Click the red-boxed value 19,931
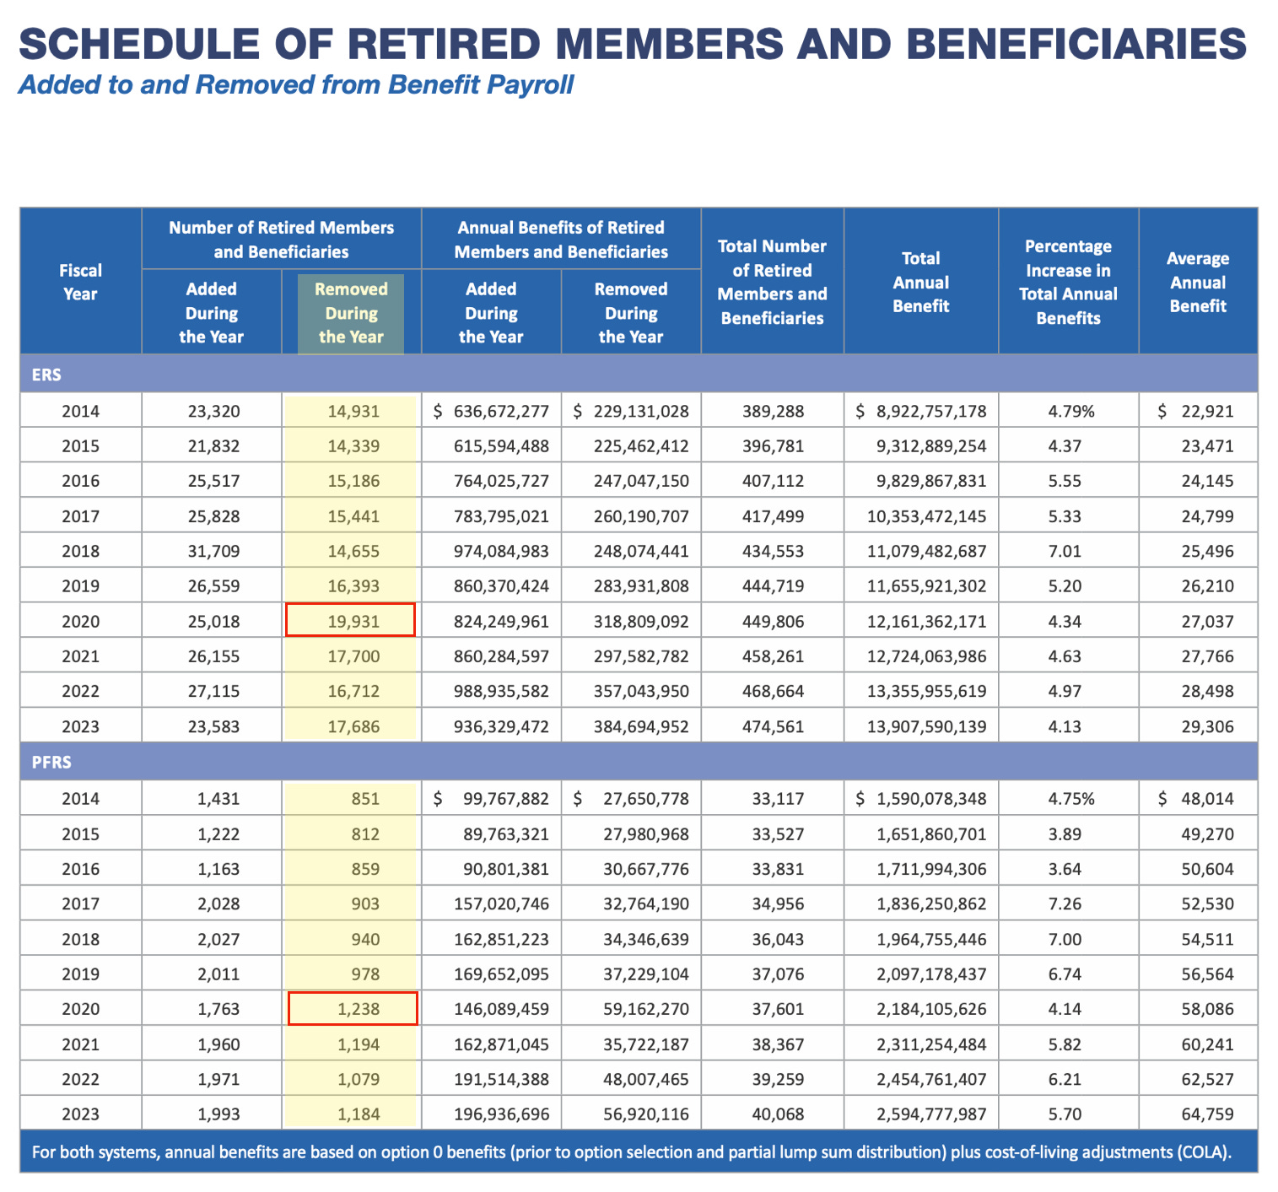(351, 621)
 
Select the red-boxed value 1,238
(353, 1009)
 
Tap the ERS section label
(46, 375)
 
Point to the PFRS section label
(51, 763)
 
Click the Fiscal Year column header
(80, 282)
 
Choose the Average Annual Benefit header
(1197, 282)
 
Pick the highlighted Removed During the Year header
(351, 313)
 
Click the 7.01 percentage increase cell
(1065, 552)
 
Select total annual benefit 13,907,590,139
(926, 726)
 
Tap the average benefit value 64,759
(1207, 1114)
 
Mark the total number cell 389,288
(773, 412)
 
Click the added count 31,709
(213, 552)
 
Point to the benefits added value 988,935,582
(501, 692)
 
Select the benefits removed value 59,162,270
(645, 1009)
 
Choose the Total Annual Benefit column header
(920, 282)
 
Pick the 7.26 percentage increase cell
(1065, 904)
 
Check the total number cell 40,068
(778, 1114)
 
